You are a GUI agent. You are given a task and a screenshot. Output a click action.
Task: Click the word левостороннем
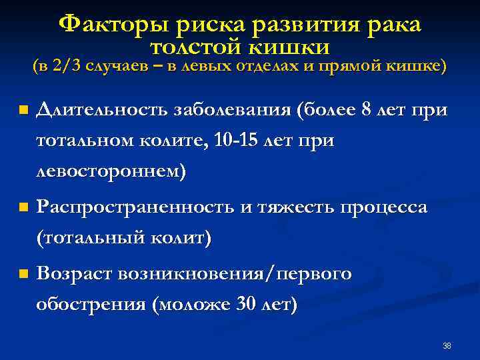tap(111, 171)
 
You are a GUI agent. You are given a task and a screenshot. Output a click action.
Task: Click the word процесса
tap(384, 207)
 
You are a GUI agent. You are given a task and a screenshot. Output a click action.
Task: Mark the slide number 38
tap(447, 345)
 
